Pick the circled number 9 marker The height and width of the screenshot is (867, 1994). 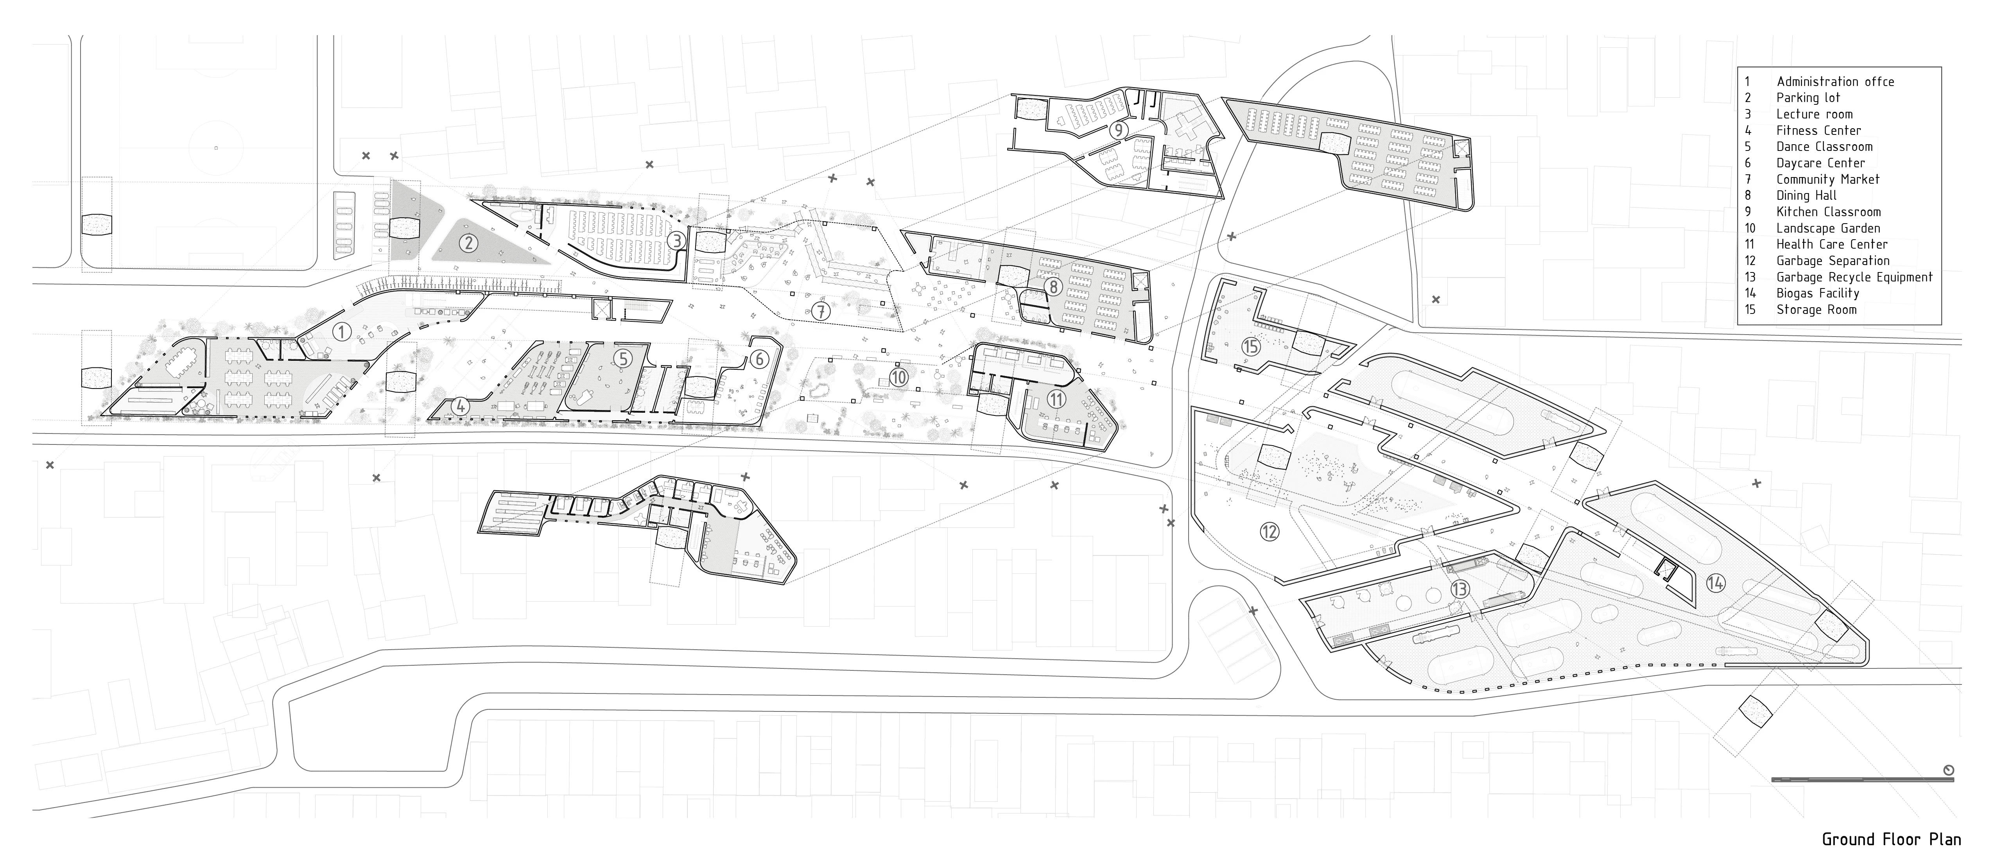click(1117, 130)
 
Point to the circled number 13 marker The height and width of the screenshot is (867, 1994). click(1459, 590)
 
